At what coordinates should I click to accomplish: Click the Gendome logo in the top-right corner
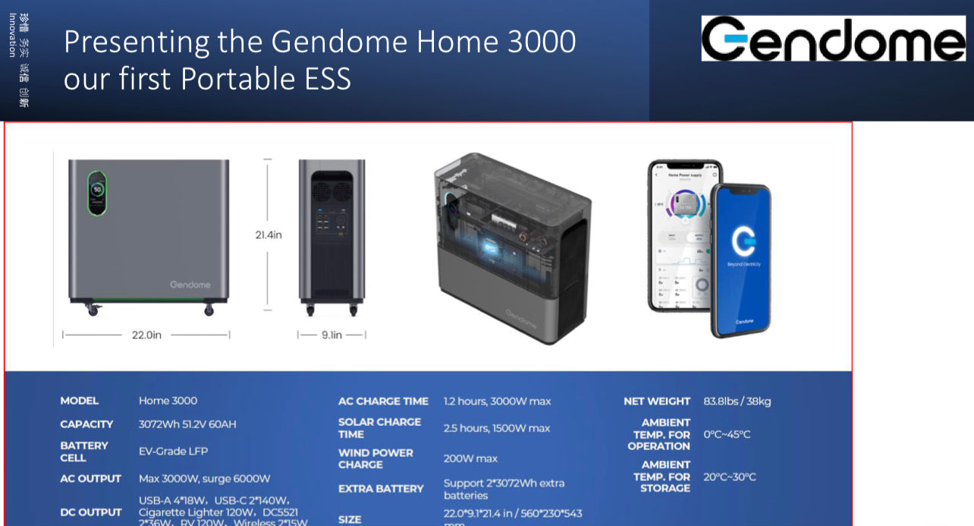tap(833, 39)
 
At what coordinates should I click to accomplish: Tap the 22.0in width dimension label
tap(146, 335)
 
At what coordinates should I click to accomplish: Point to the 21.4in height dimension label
tap(268, 235)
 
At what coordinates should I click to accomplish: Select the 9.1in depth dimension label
tap(331, 335)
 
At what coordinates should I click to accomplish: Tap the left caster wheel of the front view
tap(93, 309)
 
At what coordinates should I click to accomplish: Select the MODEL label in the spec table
tap(80, 401)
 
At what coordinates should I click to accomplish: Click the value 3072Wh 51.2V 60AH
tap(187, 424)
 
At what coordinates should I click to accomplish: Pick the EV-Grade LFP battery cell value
tap(173, 452)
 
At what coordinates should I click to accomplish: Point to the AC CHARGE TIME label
tap(383, 402)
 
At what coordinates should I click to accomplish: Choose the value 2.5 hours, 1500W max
tap(496, 429)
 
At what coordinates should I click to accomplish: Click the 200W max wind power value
tap(470, 458)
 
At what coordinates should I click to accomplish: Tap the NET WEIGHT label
tap(657, 402)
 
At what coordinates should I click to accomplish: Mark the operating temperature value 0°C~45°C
tap(727, 435)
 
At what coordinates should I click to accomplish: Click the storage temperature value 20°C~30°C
tap(729, 477)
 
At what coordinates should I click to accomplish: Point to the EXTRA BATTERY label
tap(381, 489)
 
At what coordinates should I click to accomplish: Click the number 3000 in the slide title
tap(542, 42)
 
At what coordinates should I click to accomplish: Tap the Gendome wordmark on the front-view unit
tap(190, 285)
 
